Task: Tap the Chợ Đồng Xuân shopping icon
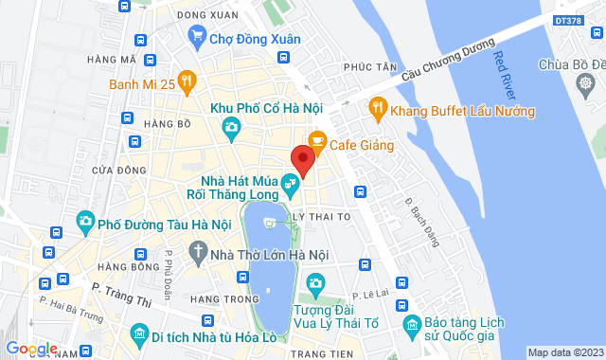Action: pos(197,38)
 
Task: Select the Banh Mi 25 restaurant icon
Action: pos(187,81)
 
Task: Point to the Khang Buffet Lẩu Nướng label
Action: pos(465,111)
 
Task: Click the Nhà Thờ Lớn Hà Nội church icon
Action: pos(197,253)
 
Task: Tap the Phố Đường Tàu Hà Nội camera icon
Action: pos(86,224)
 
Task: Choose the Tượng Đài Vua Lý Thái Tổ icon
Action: pos(315,283)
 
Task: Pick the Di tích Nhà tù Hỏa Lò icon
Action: pos(140,334)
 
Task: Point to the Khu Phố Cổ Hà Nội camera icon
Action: pos(229,126)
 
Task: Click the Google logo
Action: pos(31,349)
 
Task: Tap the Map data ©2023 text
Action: pos(564,352)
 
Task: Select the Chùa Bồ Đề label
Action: pos(570,64)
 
